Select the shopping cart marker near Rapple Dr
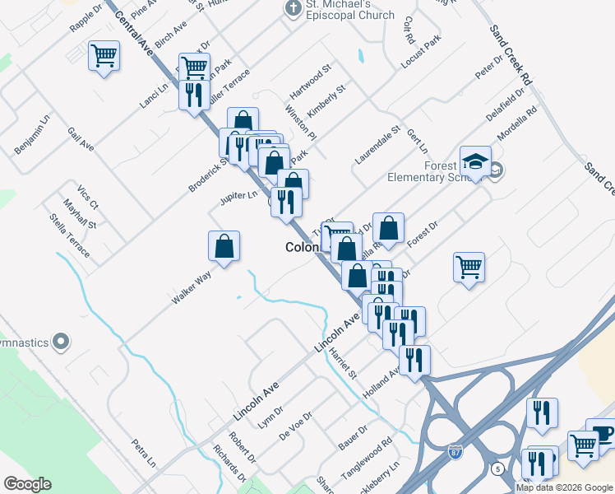point(104,57)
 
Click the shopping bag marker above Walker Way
point(224,246)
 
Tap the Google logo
point(27,484)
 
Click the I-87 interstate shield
point(456,452)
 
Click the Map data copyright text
point(564,487)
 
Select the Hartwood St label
point(309,79)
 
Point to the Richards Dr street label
point(229,464)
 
